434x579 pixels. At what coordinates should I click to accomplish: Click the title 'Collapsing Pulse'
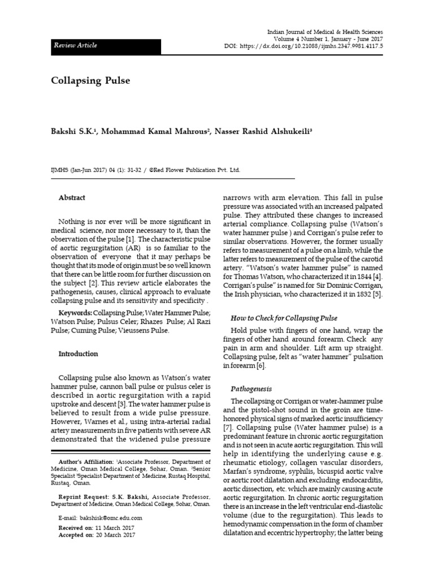[x=90, y=80]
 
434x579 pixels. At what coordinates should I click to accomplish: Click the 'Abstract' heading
[x=72, y=198]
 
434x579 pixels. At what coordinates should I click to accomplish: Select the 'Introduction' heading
[x=78, y=354]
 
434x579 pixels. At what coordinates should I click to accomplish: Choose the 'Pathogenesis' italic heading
[x=251, y=389]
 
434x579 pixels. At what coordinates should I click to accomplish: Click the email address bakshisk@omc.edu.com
[x=111, y=518]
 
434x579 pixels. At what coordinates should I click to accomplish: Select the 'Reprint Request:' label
[x=81, y=494]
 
